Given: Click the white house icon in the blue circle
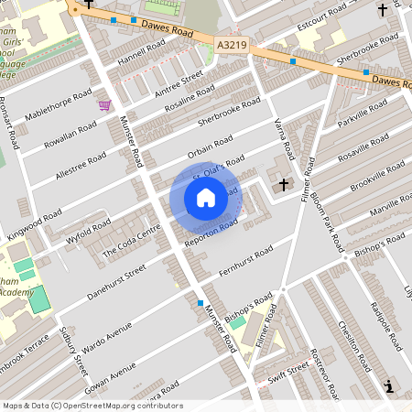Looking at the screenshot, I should (x=206, y=197).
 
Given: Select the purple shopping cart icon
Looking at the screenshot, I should (x=104, y=104).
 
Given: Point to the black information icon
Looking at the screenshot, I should (x=391, y=386).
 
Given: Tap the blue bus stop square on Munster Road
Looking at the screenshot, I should (x=200, y=303).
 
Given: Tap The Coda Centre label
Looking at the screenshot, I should (x=125, y=240).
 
